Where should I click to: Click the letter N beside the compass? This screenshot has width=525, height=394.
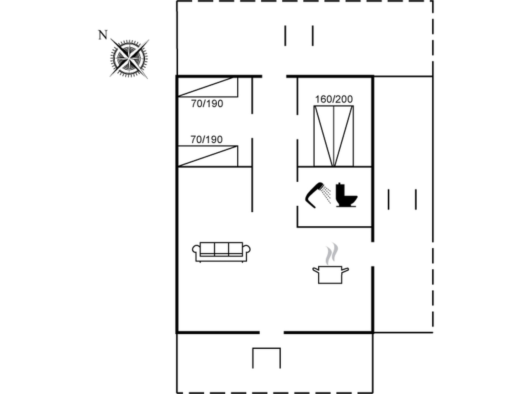[103, 35]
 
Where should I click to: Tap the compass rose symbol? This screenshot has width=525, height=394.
[129, 59]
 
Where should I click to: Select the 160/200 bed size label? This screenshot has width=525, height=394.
[334, 99]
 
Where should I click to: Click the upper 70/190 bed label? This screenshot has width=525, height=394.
[207, 104]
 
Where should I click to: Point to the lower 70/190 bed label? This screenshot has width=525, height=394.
[206, 140]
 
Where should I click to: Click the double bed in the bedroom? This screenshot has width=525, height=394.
[334, 136]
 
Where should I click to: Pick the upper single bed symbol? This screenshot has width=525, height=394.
[208, 87]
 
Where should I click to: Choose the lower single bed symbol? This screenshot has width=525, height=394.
[208, 156]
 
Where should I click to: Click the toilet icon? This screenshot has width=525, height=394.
[346, 195]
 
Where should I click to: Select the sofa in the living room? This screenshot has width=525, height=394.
[221, 252]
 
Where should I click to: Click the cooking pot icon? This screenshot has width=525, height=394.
[330, 275]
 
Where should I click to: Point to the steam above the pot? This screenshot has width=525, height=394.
[332, 253]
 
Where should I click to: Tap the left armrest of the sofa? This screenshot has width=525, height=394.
[196, 253]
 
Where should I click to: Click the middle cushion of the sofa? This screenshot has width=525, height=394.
[221, 249]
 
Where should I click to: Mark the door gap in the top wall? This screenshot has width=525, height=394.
[274, 76]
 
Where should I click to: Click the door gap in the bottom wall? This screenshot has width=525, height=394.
[271, 332]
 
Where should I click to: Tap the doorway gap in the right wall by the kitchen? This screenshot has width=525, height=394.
[373, 254]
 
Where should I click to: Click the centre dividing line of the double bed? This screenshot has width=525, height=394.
[334, 136]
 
